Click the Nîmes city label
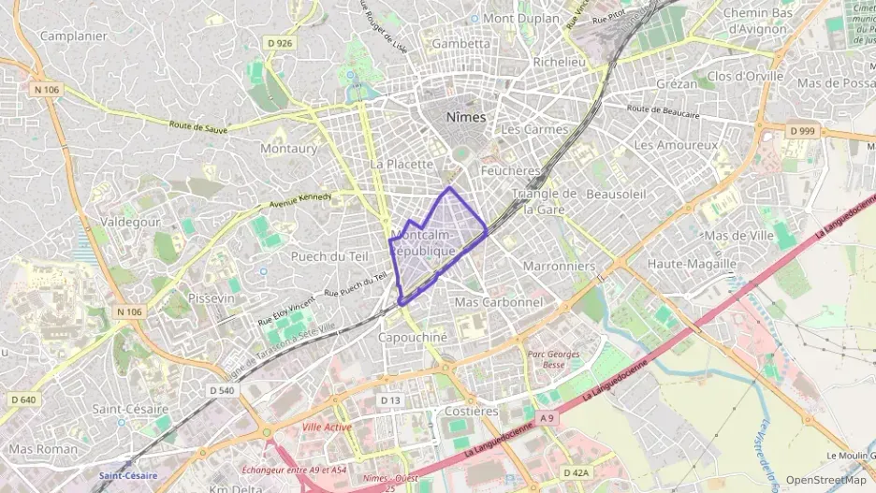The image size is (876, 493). click(467, 117)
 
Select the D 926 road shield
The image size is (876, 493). click(279, 43)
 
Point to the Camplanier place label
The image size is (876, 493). click(74, 36)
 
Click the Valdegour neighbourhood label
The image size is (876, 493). click(130, 222)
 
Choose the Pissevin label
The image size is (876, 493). click(211, 297)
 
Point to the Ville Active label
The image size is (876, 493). click(327, 427)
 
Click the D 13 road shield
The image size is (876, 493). click(390, 399)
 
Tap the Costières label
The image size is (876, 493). click(472, 411)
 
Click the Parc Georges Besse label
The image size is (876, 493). click(553, 360)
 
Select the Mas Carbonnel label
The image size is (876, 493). click(498, 302)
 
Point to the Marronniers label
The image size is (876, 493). click(559, 266)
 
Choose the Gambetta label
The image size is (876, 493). click(460, 43)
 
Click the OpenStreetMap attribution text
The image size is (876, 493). click(826, 480)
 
